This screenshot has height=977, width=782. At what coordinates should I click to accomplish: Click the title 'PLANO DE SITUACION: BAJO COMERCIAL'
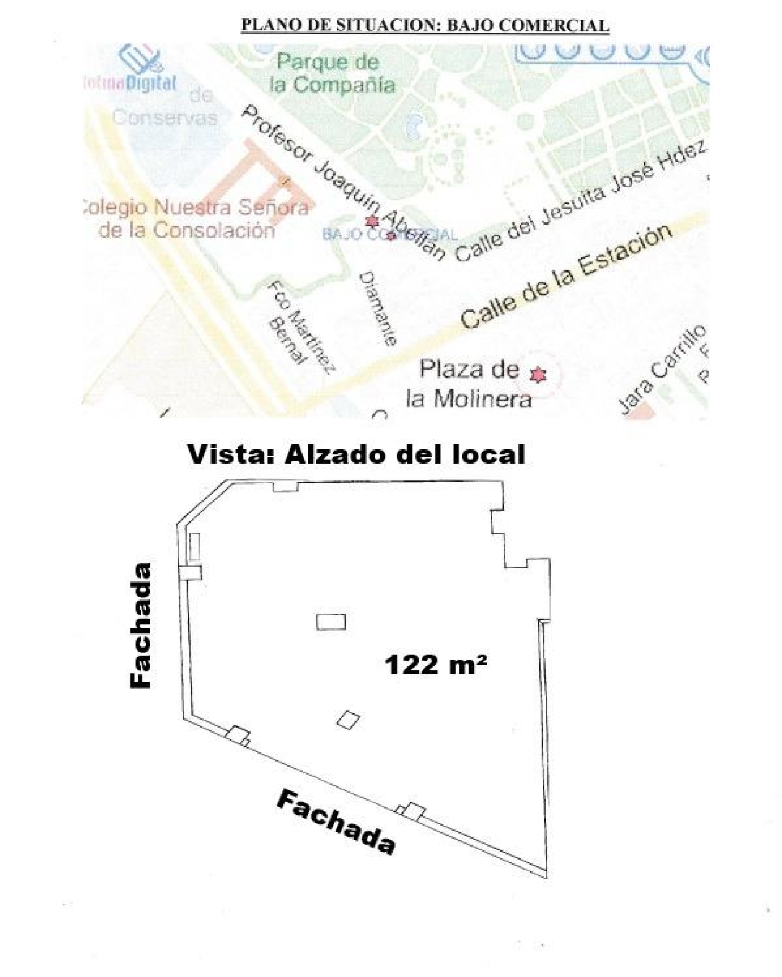click(424, 25)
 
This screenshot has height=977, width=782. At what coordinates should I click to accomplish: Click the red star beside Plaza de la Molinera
click(537, 375)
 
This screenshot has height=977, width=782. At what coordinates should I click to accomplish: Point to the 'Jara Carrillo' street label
click(663, 370)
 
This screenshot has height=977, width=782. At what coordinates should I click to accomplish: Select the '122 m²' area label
click(435, 665)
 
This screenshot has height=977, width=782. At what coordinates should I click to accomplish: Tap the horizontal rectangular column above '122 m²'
click(331, 622)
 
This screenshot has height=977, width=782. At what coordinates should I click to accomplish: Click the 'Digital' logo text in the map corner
click(151, 83)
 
